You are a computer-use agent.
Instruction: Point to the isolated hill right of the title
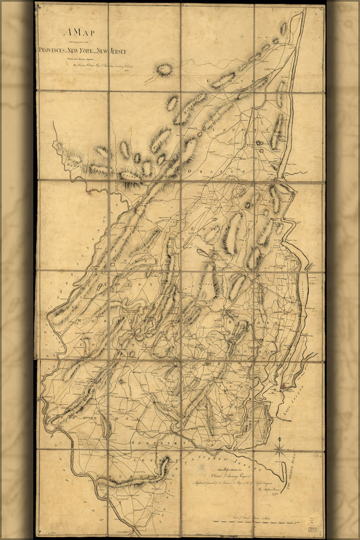[x=164, y=69]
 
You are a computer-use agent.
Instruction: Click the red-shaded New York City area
[x=284, y=386]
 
